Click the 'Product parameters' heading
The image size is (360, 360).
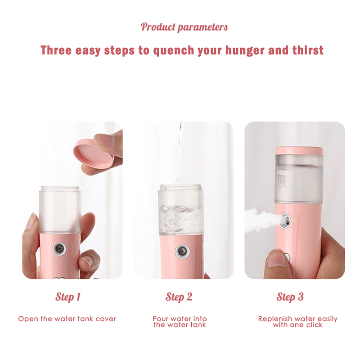(184, 27)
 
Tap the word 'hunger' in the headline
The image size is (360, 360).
(245, 50)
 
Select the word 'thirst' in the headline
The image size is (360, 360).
(308, 50)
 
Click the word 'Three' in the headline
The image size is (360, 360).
(56, 50)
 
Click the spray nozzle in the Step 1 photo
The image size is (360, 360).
(59, 249)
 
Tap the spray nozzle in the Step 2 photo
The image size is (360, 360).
(182, 251)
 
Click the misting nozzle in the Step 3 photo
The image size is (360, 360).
(285, 220)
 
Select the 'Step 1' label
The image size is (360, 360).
(68, 297)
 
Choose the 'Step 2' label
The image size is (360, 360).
(179, 297)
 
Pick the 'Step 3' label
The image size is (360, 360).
(290, 297)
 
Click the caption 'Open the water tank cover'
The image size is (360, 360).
(67, 319)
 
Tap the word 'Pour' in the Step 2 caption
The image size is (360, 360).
(161, 319)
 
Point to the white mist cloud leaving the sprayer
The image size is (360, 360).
(260, 219)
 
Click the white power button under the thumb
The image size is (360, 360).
(287, 256)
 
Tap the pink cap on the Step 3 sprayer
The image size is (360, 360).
(299, 150)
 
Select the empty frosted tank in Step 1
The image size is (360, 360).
(60, 210)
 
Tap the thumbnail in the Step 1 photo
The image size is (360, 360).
(86, 261)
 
